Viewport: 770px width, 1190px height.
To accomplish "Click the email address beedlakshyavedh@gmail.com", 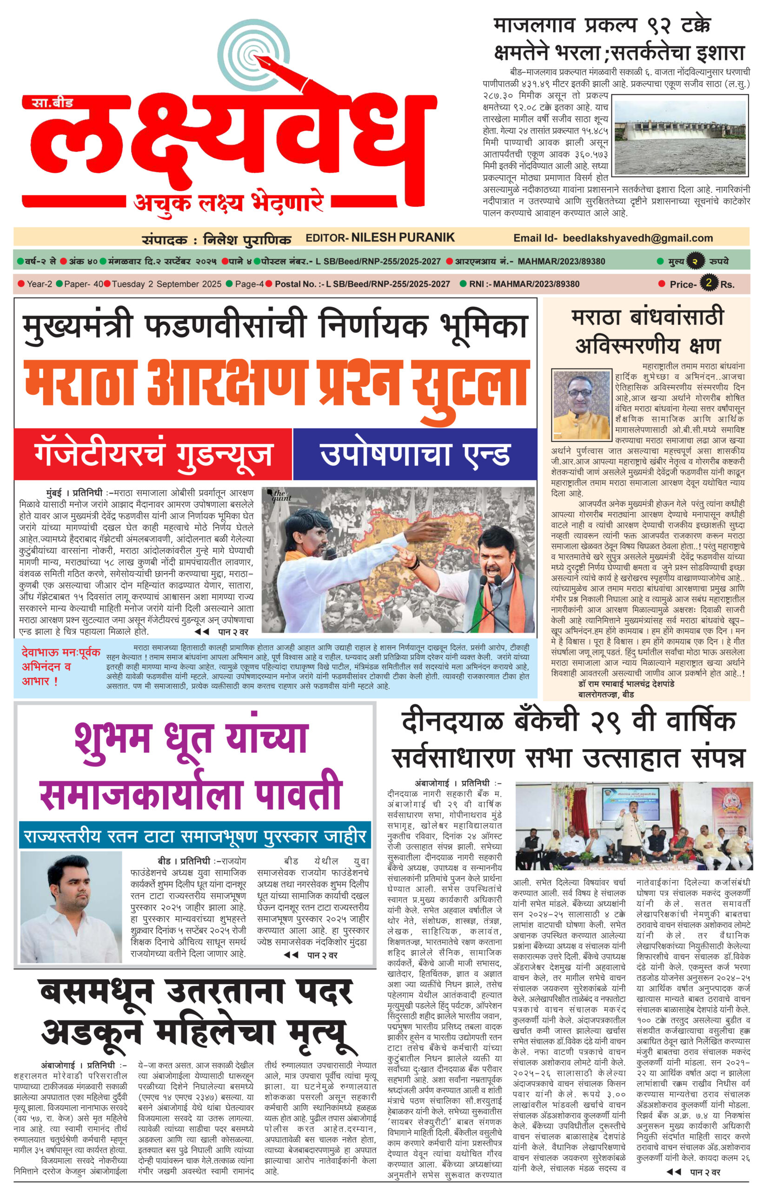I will (637, 238).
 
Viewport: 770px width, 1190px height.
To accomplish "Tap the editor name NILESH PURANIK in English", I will (403, 238).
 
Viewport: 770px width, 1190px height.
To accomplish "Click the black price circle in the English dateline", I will (708, 283).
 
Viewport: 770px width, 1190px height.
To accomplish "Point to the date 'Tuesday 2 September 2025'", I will (166, 284).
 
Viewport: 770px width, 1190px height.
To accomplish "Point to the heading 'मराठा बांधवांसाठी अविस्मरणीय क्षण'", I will (647, 331).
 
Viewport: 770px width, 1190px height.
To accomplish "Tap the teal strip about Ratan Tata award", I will (194, 835).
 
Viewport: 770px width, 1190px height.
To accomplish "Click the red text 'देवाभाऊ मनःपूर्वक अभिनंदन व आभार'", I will (60, 666).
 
